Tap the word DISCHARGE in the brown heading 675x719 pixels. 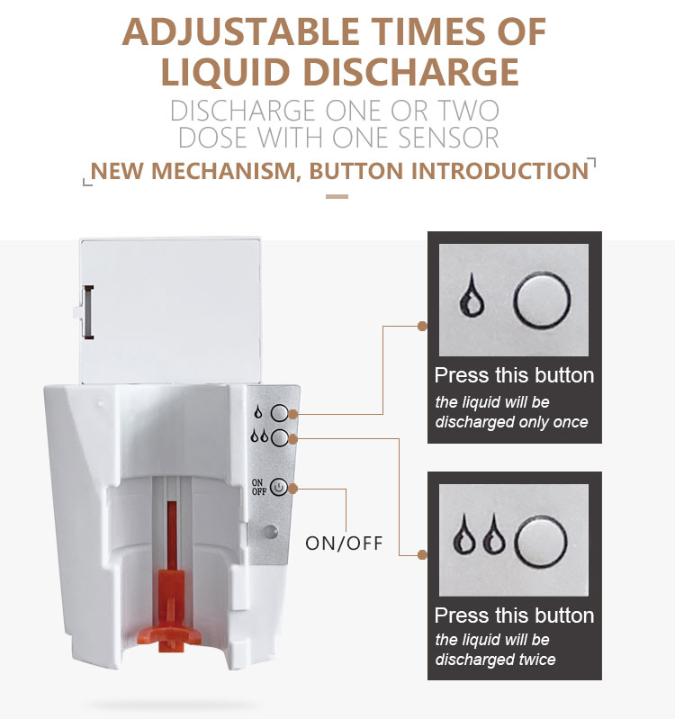point(411,71)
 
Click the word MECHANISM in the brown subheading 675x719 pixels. point(226,171)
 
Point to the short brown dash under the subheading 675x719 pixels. point(337,196)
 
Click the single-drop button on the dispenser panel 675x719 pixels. point(279,413)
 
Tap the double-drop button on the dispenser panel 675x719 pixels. point(279,438)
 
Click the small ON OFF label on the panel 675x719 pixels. point(259,487)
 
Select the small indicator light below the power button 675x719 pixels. point(271,532)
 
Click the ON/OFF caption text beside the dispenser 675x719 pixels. point(344,544)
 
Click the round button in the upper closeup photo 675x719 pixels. point(542,301)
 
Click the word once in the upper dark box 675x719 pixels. point(570,422)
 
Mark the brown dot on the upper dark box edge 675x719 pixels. point(423,326)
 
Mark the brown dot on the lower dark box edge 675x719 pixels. point(423,555)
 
